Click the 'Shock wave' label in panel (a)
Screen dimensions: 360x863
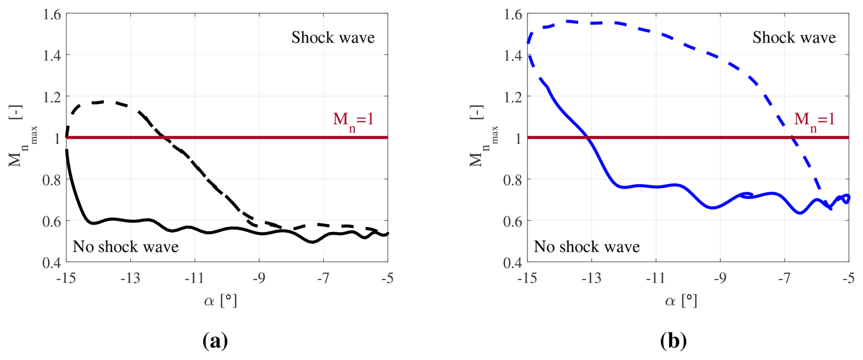[x=333, y=37]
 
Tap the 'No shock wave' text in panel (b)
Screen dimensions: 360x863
[x=587, y=247]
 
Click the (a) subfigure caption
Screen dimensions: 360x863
[x=215, y=341]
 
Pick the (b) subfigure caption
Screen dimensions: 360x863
[x=673, y=341]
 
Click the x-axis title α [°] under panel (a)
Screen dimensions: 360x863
[x=221, y=301]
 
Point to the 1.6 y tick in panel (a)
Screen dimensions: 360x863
[x=52, y=14]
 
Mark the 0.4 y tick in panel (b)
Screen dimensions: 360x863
[x=512, y=262]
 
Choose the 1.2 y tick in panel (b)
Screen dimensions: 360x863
[x=512, y=97]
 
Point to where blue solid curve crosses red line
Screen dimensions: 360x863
[x=588, y=137]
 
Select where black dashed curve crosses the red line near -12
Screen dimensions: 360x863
[x=164, y=137]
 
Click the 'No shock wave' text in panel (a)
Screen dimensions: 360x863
[x=125, y=247]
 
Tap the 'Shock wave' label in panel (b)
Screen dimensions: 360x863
[x=794, y=37]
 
